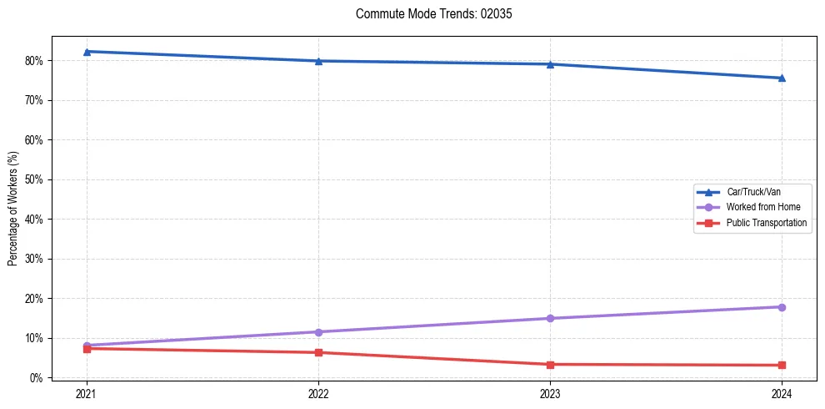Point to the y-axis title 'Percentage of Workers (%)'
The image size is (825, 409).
coord(13,209)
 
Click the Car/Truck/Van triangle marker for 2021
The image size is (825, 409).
coord(87,52)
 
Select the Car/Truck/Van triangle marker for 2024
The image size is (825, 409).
coord(782,78)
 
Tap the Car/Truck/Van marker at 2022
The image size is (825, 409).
coord(318,61)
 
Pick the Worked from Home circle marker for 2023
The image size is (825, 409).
coord(550,318)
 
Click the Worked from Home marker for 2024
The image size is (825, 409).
coord(782,307)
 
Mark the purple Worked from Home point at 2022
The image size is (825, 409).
coord(318,332)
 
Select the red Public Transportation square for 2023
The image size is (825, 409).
coord(550,364)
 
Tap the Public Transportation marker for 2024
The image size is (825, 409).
coord(782,365)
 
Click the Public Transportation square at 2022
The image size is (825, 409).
coord(318,352)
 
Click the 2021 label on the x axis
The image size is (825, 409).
coord(87,393)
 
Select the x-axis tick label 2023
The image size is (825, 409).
coord(550,393)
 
